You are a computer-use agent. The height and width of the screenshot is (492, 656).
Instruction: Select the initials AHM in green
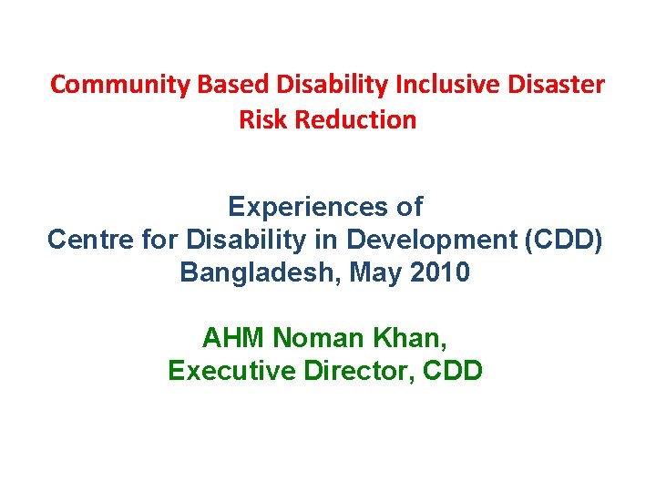(x=233, y=338)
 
